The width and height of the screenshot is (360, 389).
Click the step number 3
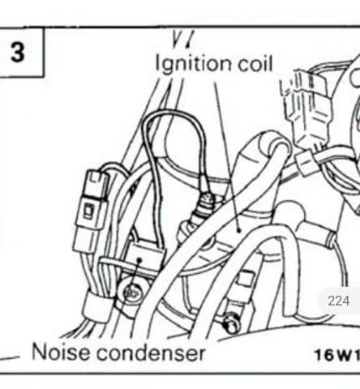pyautogui.click(x=18, y=52)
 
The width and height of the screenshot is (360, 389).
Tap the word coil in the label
pyautogui.click(x=255, y=63)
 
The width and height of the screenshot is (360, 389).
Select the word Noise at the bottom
pyautogui.click(x=60, y=352)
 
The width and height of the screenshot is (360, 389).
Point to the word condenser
pyautogui.click(x=150, y=353)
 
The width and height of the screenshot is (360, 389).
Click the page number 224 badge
pyautogui.click(x=339, y=301)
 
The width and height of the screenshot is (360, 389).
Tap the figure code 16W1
pyautogui.click(x=337, y=354)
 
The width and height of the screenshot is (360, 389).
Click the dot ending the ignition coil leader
pyautogui.click(x=239, y=230)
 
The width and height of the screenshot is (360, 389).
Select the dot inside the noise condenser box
pyautogui.click(x=139, y=260)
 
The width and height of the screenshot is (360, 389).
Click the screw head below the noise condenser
pyautogui.click(x=132, y=293)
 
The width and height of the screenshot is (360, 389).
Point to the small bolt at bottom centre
pyautogui.click(x=231, y=322)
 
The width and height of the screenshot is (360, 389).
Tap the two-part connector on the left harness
pyautogui.click(x=91, y=211)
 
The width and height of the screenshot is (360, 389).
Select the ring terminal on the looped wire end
pyautogui.click(x=208, y=198)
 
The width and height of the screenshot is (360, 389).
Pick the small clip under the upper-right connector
pyautogui.click(x=306, y=162)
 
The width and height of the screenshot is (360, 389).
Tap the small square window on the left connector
pyautogui.click(x=88, y=210)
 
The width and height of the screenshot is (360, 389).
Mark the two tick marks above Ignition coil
pyautogui.click(x=182, y=41)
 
